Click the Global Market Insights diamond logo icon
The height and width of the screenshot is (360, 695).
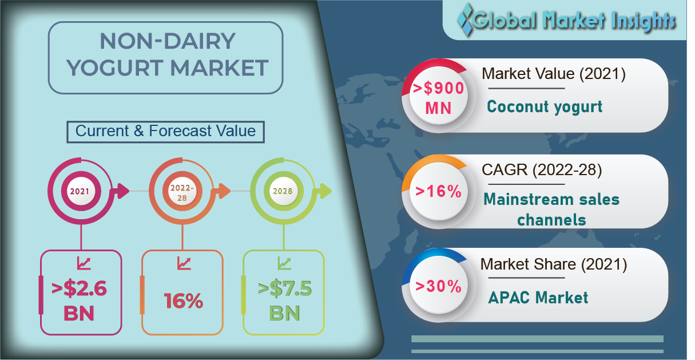click(465, 19)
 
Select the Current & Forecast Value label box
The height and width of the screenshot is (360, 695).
click(166, 132)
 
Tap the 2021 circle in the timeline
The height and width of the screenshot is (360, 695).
click(81, 191)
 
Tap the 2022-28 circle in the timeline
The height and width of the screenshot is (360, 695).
click(182, 191)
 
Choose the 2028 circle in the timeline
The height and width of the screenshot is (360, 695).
click(283, 191)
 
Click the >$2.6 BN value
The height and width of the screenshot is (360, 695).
click(79, 300)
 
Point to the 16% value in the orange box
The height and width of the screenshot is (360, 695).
click(184, 300)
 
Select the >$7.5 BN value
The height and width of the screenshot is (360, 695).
click(284, 300)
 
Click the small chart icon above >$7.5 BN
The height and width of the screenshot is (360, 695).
click(284, 263)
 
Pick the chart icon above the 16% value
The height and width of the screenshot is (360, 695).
click(184, 263)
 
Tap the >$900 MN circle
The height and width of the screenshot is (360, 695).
click(438, 97)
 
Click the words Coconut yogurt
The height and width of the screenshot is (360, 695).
click(545, 107)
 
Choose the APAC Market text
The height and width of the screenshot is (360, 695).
click(538, 298)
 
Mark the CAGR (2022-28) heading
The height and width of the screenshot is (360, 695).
click(542, 170)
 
